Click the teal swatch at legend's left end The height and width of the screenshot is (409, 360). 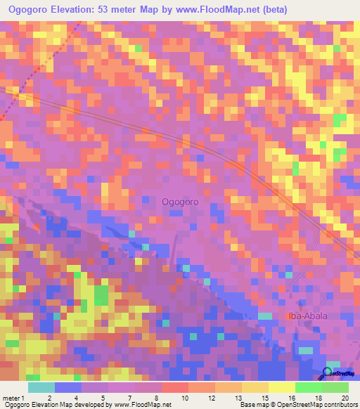click(x=41, y=387)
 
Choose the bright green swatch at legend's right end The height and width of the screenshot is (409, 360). click(x=335, y=387)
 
